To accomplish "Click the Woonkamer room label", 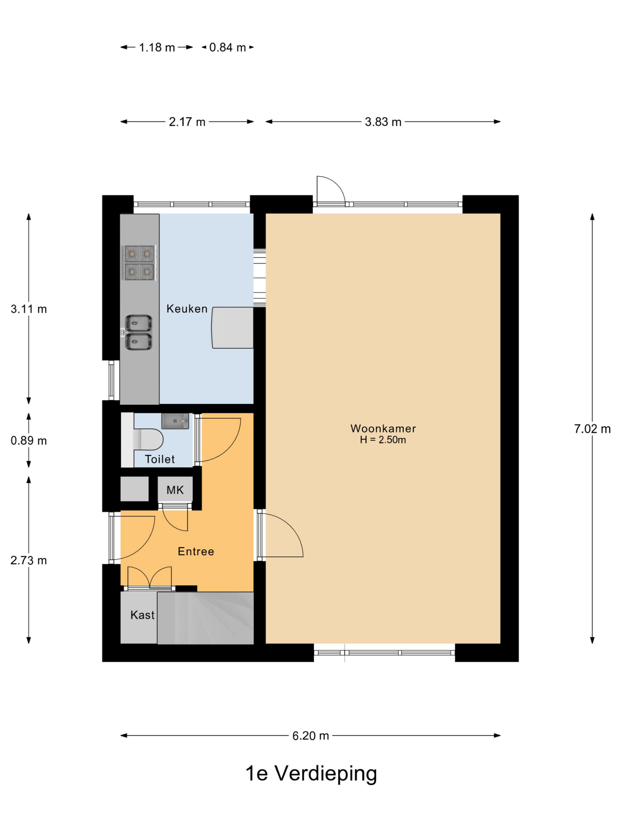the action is tap(383, 428).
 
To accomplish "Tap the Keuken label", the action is tap(187, 309).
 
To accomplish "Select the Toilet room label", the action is tap(160, 459).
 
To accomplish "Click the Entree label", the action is tap(196, 551).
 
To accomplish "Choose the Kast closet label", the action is tap(142, 615).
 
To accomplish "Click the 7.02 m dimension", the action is tap(592, 429).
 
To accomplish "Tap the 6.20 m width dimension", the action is tap(310, 735).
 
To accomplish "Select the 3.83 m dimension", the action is tap(383, 122).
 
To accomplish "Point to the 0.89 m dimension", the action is tap(28, 441).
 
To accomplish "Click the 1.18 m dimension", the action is tap(157, 48).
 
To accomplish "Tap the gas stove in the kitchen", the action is tap(139, 263).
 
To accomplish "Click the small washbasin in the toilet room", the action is tap(175, 421).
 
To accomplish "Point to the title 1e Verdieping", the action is tap(311, 774).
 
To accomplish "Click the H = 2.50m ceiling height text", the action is tap(383, 440).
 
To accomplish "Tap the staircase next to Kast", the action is tap(205, 618).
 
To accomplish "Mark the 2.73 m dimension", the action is tap(28, 561).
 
